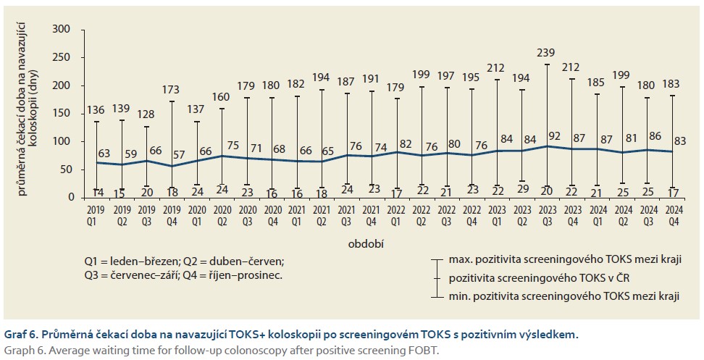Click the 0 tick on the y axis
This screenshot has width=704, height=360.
[x=70, y=197]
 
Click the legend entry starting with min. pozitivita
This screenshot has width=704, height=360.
[x=566, y=296]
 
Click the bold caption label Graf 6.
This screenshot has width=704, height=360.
[x=21, y=334]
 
